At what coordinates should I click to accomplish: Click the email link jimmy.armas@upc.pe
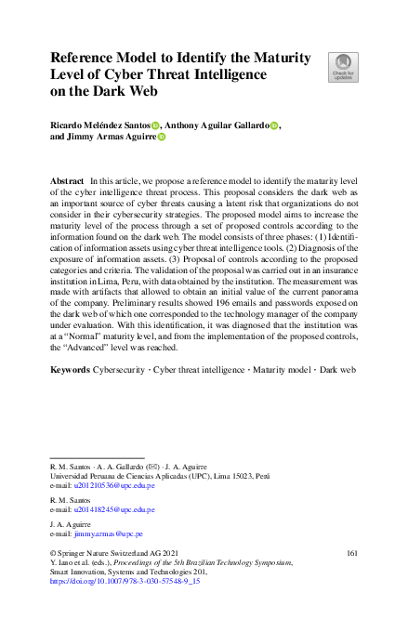pyautogui.click(x=109, y=534)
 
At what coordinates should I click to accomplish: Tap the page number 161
pyautogui.click(x=352, y=553)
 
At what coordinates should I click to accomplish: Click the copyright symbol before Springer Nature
pyautogui.click(x=52, y=553)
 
